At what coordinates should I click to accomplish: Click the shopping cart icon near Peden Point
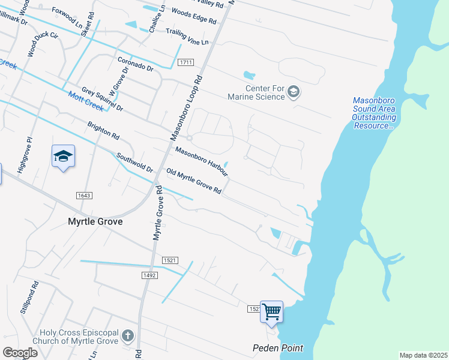tap(271, 311)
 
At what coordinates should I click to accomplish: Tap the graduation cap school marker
tap(63, 156)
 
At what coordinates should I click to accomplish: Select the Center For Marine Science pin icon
tap(294, 92)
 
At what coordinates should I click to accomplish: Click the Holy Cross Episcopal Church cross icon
tap(127, 336)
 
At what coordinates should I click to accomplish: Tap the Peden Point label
tap(277, 348)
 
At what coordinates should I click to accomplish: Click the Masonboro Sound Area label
tap(373, 113)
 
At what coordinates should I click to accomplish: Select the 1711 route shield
tap(185, 62)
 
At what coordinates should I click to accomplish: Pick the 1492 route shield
tap(149, 275)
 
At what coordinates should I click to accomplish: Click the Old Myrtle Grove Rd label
tap(194, 181)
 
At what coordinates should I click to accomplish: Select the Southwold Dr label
tap(135, 164)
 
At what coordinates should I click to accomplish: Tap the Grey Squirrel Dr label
tap(102, 99)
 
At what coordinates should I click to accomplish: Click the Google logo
tap(20, 352)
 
